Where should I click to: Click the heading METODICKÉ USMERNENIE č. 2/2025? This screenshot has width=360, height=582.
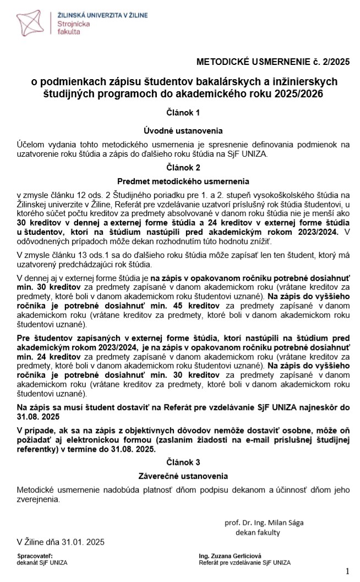(273, 62)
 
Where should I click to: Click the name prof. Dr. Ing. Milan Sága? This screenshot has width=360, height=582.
(264, 523)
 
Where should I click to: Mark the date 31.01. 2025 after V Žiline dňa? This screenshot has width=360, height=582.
(83, 542)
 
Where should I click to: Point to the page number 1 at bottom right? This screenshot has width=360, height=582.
(347, 570)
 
